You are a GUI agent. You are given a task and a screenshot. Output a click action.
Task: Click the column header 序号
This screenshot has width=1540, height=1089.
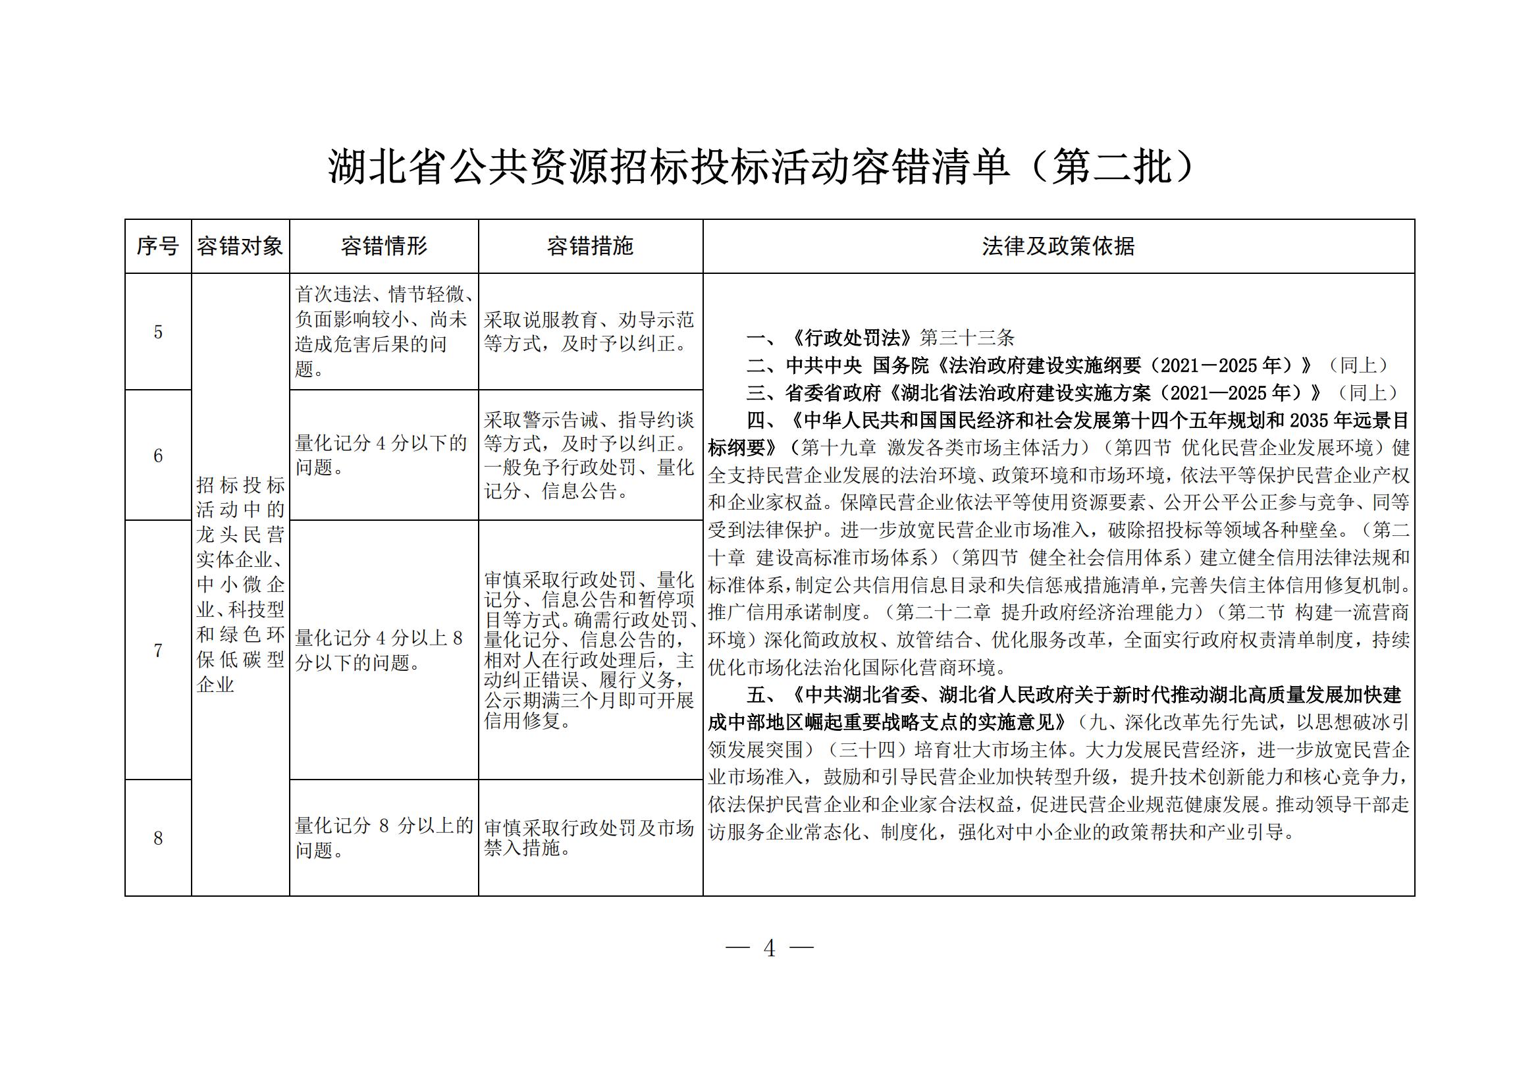(157, 246)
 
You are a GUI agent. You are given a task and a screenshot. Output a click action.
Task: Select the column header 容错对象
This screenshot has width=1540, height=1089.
(240, 246)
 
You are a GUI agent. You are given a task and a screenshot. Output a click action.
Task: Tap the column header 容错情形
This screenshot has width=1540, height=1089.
(384, 246)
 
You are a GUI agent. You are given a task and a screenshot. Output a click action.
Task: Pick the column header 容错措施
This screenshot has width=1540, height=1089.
(590, 246)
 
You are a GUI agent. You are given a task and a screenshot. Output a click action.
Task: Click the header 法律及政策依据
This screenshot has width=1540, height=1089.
(1058, 246)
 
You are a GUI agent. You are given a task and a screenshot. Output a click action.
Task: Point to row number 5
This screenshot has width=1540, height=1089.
(158, 332)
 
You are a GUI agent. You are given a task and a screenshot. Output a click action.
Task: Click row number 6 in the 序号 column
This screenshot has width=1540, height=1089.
(158, 456)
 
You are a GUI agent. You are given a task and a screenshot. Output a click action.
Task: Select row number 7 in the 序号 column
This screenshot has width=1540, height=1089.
(158, 651)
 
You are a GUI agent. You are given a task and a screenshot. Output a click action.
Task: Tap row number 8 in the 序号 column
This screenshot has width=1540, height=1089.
(158, 838)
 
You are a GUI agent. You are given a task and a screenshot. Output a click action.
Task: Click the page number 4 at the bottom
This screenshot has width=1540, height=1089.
(769, 948)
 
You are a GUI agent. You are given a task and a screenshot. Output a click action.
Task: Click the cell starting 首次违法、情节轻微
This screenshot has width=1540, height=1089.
(384, 331)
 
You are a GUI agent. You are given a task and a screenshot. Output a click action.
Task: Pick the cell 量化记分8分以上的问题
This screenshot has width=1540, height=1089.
(384, 837)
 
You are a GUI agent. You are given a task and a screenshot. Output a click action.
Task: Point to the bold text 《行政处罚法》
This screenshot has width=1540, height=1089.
(852, 337)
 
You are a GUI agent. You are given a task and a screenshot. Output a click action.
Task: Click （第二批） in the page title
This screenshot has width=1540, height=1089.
(1113, 167)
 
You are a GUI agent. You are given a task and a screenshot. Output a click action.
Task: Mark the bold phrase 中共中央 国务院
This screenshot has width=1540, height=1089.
(858, 365)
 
